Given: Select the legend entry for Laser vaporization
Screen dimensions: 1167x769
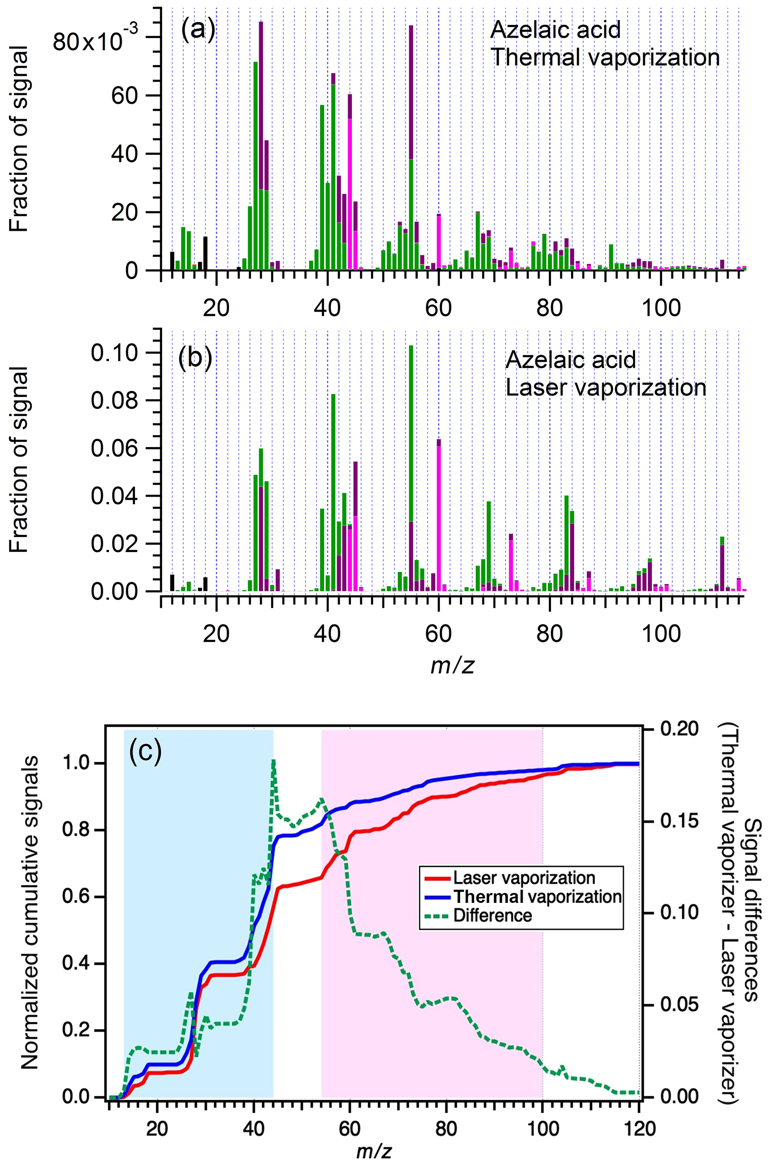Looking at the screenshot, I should coord(524,877).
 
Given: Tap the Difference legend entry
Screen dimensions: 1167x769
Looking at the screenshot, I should coord(493,916).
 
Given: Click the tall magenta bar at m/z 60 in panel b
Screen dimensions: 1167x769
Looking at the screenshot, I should coord(439,515).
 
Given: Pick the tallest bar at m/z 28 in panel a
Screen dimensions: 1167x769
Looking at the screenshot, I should coord(261,147).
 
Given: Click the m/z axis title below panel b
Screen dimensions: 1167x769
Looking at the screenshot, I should coord(452,666).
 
